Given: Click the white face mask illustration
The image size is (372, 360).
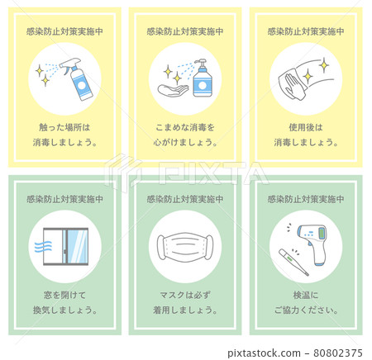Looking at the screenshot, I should point(185,246).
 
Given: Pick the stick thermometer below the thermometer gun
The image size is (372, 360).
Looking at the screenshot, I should point(293,263).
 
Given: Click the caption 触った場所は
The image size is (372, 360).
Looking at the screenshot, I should point(64,128).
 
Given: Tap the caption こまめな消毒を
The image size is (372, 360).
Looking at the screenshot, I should point(185,128).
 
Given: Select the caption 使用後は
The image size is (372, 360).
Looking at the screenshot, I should point(306,128).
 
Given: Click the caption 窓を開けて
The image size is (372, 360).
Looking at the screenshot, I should point(64,295).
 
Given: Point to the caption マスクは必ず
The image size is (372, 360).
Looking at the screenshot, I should point(185,295).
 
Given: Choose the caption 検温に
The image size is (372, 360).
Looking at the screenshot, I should point(306,295).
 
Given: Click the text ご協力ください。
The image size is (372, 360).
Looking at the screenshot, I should point(306,310).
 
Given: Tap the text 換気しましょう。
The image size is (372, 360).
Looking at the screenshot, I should point(64,310).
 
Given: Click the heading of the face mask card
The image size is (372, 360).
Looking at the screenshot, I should point(185,199).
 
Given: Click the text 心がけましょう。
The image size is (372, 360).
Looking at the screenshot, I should point(185,142).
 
